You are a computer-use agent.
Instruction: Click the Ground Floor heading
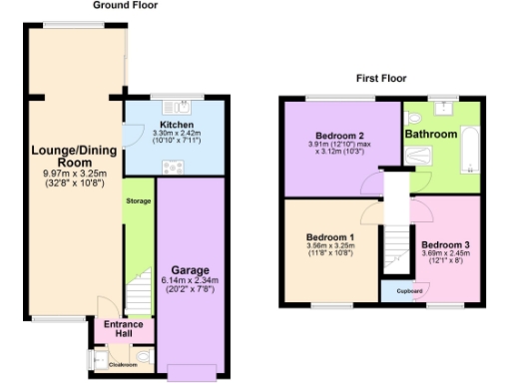[126, 5]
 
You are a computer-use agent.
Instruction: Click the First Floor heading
[383, 77]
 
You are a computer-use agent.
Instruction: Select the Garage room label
[190, 270]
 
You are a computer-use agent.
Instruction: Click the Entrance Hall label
[124, 329]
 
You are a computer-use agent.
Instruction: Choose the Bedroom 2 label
[338, 136]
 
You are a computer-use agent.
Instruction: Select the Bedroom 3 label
[443, 244]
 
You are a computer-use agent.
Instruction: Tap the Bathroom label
[431, 134]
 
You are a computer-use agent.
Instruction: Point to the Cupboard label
[396, 291]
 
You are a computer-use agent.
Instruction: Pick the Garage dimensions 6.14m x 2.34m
[189, 283]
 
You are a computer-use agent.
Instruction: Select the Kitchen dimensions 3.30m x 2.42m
[176, 134]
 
